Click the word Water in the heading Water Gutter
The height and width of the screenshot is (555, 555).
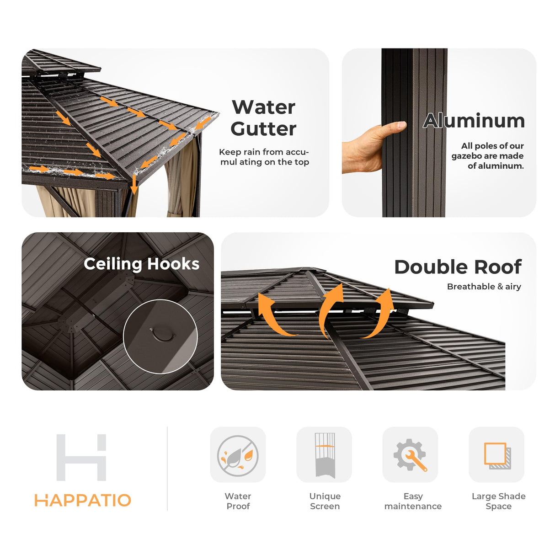(x=263, y=107)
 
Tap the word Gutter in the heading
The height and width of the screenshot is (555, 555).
(x=263, y=129)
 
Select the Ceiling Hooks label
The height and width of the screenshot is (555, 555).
(x=141, y=264)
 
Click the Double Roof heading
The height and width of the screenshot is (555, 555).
(x=458, y=267)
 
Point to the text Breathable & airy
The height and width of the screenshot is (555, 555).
(x=484, y=287)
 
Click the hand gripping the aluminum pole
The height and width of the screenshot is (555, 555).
(x=373, y=147)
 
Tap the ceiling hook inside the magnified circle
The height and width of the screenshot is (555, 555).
(x=162, y=334)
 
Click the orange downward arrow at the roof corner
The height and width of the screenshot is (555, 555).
(x=134, y=184)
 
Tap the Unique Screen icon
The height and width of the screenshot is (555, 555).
(x=325, y=455)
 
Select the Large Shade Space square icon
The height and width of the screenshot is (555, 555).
(x=497, y=456)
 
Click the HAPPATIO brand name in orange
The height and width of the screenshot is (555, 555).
(x=83, y=500)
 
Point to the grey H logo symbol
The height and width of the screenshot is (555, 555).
(x=81, y=458)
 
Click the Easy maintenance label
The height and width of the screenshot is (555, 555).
(x=413, y=501)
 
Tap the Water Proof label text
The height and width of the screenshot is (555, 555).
(x=238, y=501)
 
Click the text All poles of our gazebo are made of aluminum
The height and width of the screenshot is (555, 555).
(x=487, y=156)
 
